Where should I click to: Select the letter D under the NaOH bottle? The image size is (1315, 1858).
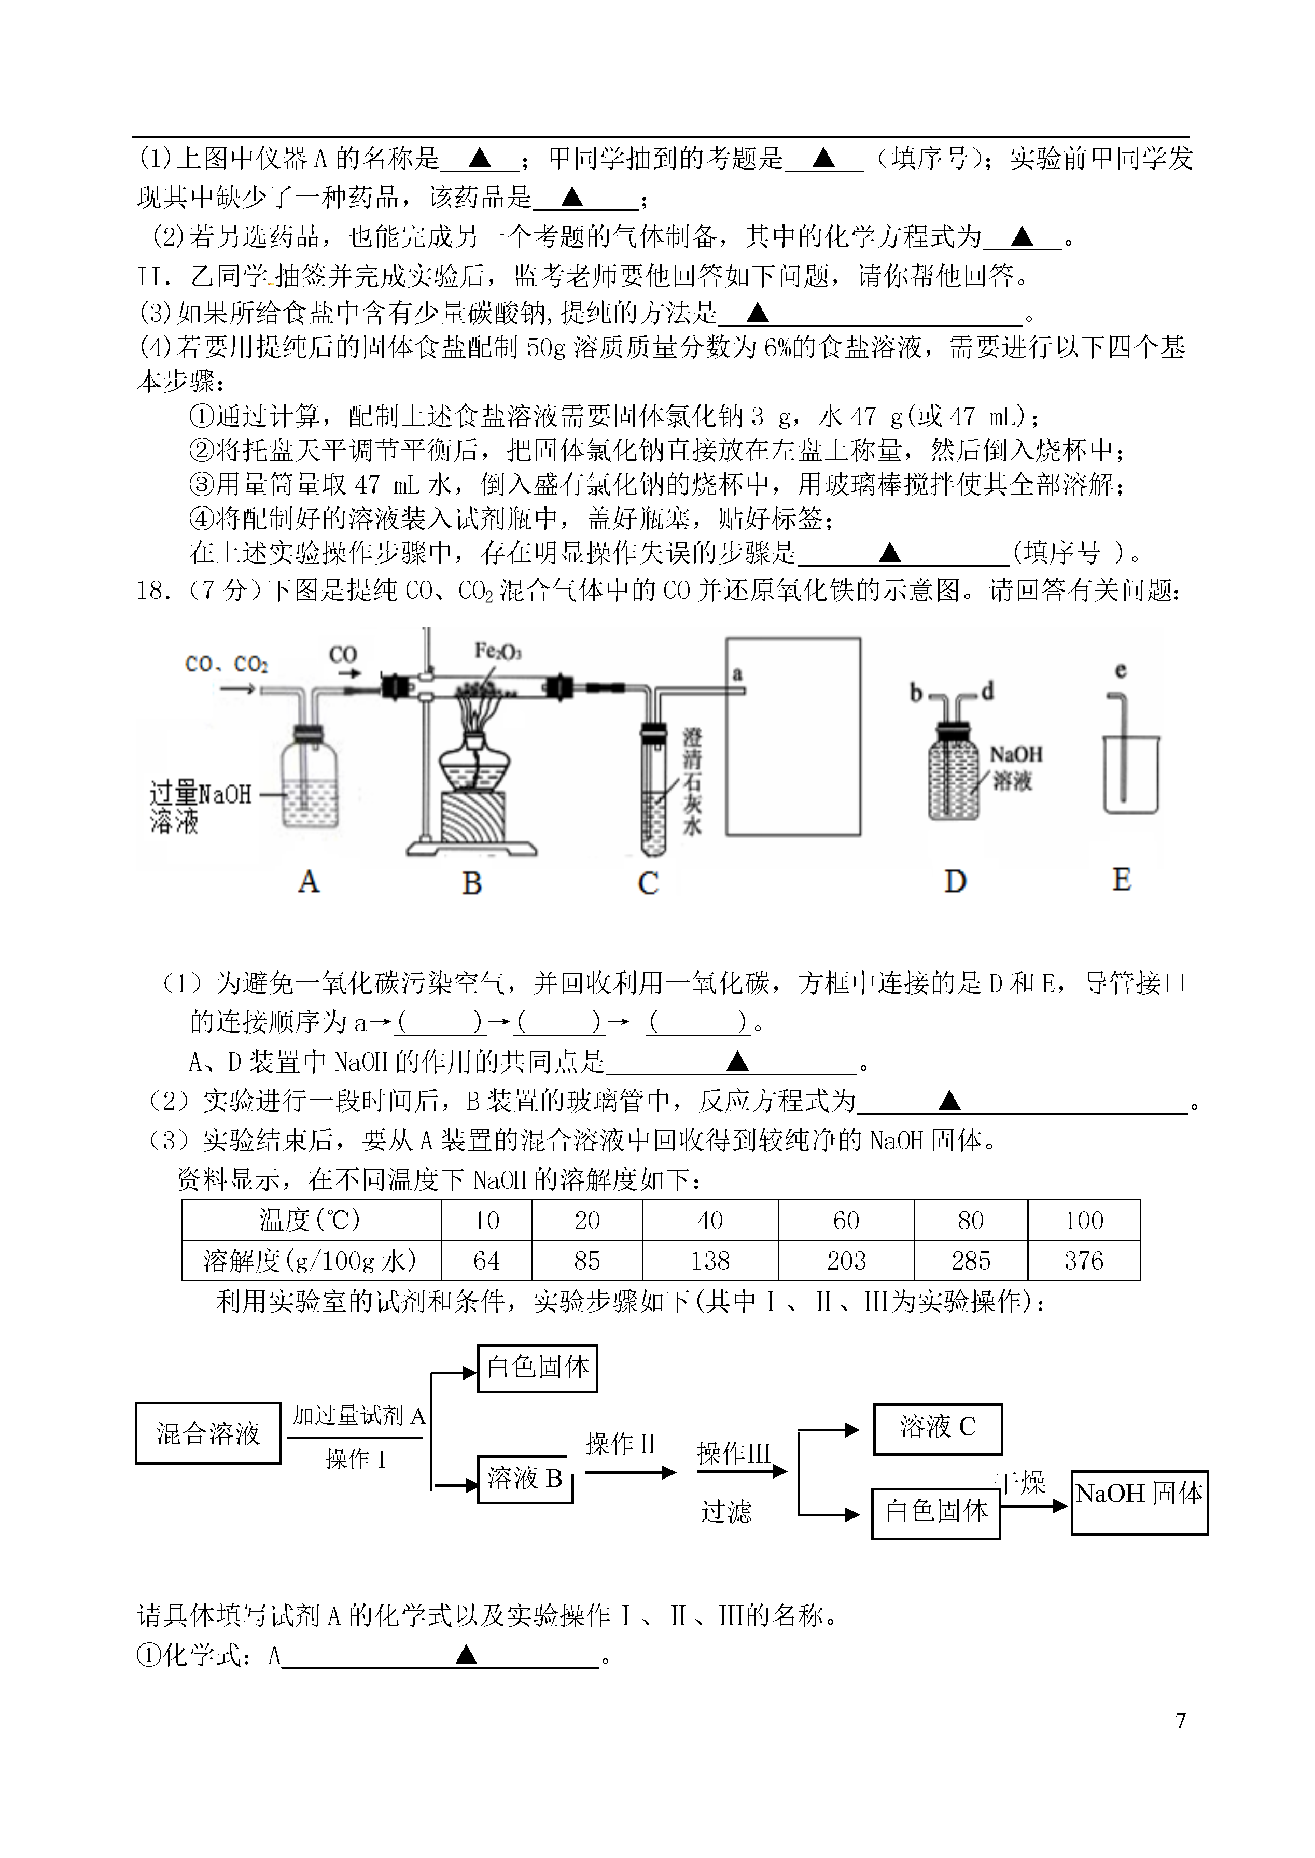pos(956,881)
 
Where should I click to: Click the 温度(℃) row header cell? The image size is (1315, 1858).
pos(311,1220)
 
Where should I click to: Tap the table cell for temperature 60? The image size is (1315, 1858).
pos(846,1220)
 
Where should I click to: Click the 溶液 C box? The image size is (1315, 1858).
pos(937,1429)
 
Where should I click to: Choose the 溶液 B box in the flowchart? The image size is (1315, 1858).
pos(525,1479)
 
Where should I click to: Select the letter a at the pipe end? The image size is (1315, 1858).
pos(737,673)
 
